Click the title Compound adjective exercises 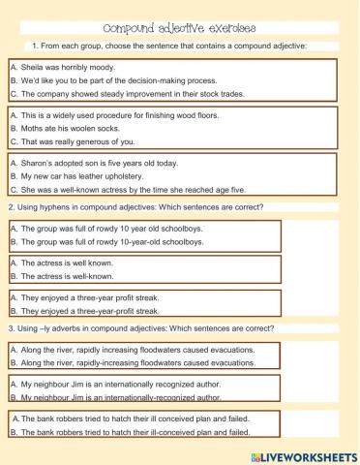180,29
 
